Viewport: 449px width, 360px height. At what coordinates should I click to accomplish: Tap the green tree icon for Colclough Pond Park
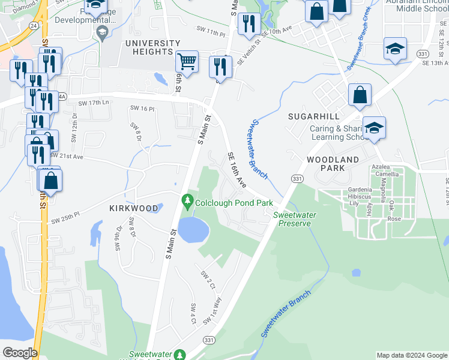pos(188,201)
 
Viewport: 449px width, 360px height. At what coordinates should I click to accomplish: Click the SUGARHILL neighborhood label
pos(313,116)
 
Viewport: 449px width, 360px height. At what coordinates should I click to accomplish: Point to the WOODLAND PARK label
pos(333,164)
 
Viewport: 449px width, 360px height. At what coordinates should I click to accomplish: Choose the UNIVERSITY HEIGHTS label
pos(152,47)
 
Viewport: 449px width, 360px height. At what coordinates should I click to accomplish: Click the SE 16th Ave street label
pos(237,169)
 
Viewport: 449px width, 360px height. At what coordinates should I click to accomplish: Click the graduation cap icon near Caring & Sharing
pos(374,128)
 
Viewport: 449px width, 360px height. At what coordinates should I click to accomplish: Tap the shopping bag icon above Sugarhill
pos(359,95)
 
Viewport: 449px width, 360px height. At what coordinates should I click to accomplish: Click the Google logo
pos(20,353)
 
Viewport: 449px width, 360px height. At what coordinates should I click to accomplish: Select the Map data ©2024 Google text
pos(411,355)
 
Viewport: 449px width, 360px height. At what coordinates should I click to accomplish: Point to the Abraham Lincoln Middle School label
pos(414,5)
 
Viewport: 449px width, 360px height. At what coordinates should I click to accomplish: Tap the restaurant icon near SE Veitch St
pos(249,23)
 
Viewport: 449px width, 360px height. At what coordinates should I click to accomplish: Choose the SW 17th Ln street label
pos(98,103)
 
